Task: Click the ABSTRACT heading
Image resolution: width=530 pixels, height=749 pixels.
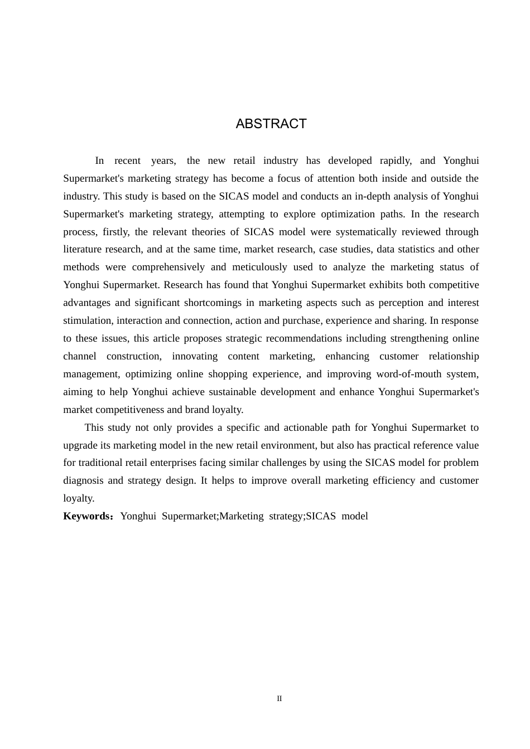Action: click(271, 124)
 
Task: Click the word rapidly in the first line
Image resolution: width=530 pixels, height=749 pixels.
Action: click(396, 160)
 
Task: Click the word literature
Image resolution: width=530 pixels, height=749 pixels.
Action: click(83, 249)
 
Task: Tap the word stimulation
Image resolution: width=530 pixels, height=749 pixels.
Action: click(87, 320)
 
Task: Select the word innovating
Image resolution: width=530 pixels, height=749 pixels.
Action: click(195, 356)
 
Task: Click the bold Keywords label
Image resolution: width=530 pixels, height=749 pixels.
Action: click(88, 516)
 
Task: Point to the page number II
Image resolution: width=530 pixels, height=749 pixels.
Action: click(280, 699)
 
